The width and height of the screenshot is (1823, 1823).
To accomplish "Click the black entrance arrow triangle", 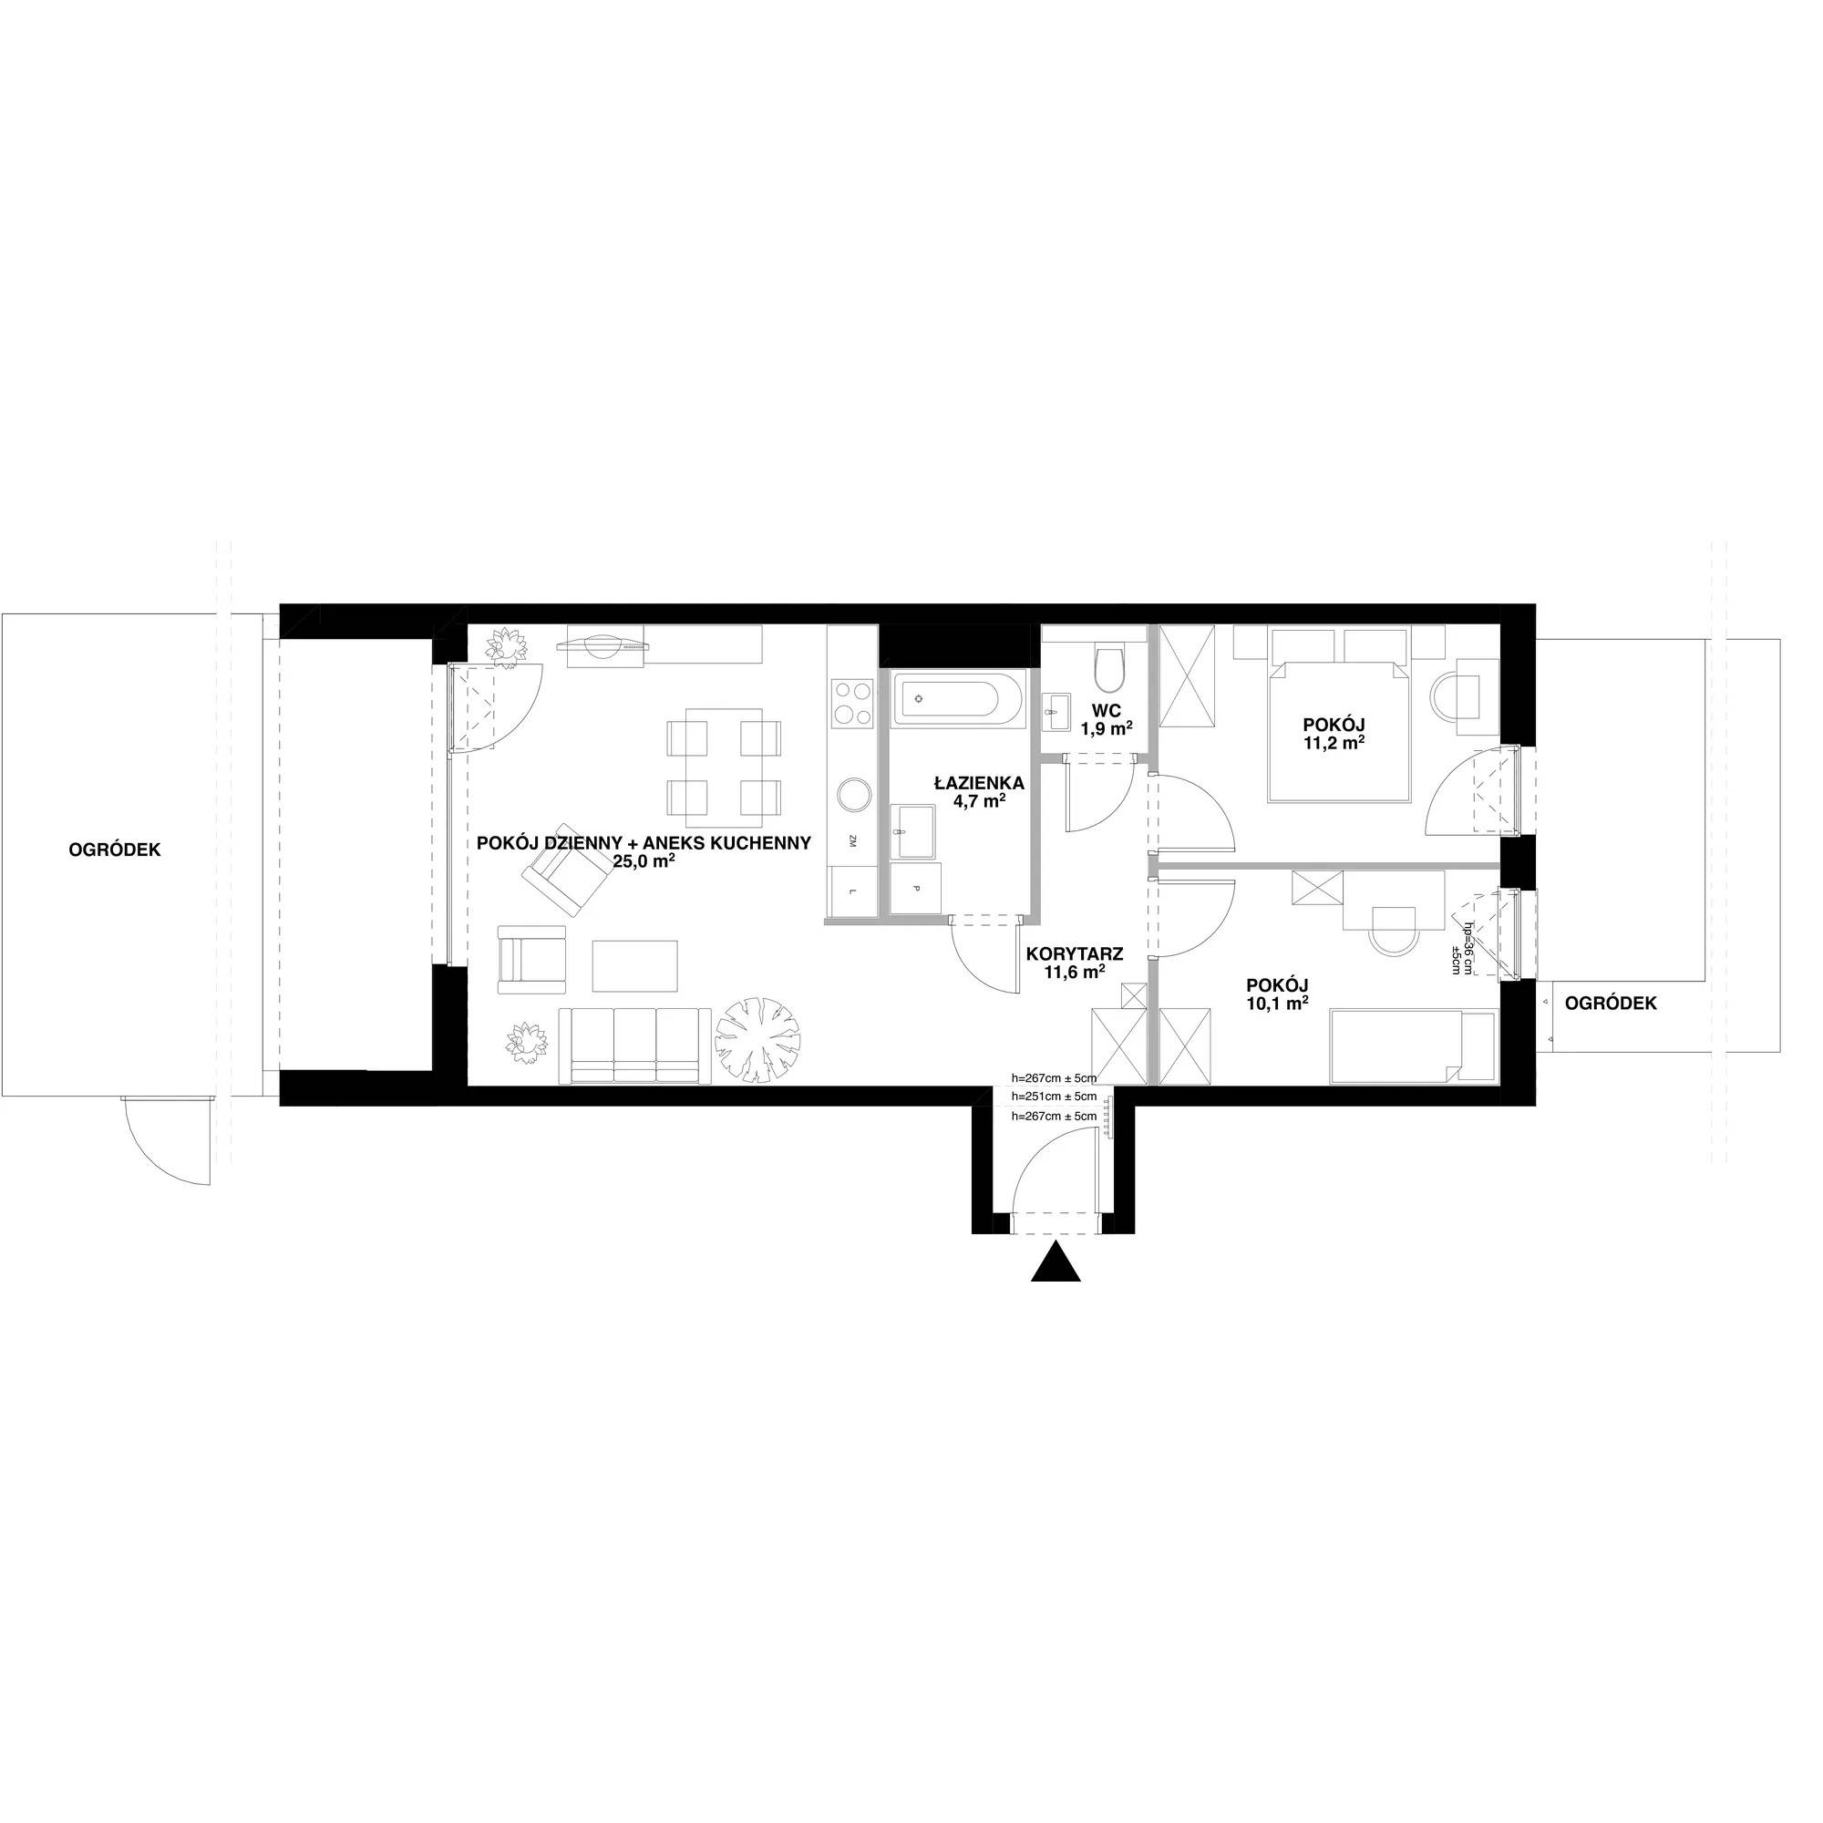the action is pyautogui.click(x=1055, y=1263).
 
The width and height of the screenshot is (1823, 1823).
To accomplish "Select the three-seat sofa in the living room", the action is pyautogui.click(x=635, y=1045).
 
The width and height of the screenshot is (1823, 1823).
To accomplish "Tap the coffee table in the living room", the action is pyautogui.click(x=636, y=965).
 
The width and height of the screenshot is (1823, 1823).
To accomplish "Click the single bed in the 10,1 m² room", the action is pyautogui.click(x=1412, y=1046).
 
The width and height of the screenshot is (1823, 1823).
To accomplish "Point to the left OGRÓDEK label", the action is pyautogui.click(x=115, y=850).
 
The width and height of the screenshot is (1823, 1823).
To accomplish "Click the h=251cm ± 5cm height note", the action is pyautogui.click(x=1054, y=1097).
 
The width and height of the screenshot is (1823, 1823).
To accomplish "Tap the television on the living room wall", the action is pyautogui.click(x=603, y=647).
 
